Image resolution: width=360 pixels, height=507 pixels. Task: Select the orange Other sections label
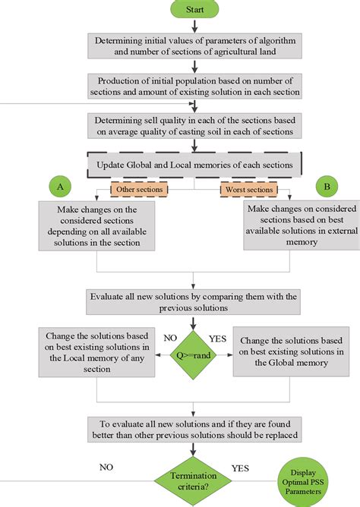pos(138,188)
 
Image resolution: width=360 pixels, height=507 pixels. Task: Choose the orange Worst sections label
pos(248,189)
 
